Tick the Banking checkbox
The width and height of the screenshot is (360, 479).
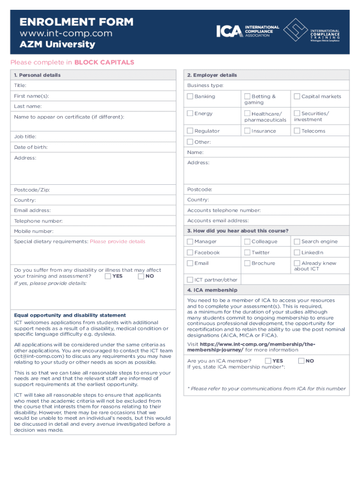pyautogui.click(x=190, y=96)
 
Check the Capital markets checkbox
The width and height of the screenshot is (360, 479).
pyautogui.click(x=297, y=96)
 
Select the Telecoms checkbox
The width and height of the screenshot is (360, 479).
pyautogui.click(x=297, y=131)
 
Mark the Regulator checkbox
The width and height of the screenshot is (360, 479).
pyautogui.click(x=190, y=131)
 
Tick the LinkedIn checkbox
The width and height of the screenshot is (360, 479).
pyautogui.click(x=297, y=252)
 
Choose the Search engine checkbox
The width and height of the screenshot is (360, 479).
pyautogui.click(x=297, y=241)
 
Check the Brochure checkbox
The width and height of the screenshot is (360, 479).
pyautogui.click(x=247, y=263)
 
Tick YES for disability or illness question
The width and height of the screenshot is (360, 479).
pyautogui.click(x=108, y=276)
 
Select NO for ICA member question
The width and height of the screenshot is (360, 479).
pyautogui.click(x=302, y=361)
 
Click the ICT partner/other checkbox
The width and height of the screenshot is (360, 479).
pyautogui.click(x=190, y=280)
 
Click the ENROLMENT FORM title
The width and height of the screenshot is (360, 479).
pyautogui.click(x=76, y=22)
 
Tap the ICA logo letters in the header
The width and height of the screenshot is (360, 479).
pyautogui.click(x=229, y=31)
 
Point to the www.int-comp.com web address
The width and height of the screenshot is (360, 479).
pyautogui.click(x=65, y=33)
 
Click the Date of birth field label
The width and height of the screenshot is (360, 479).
pyautogui.click(x=31, y=147)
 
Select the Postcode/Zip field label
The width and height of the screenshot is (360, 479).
pyautogui.click(x=32, y=190)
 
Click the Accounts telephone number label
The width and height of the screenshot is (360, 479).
pyautogui.click(x=224, y=210)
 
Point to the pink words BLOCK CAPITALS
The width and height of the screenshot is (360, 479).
pyautogui.click(x=104, y=62)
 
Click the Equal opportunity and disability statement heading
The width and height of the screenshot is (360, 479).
pyautogui.click(x=70, y=315)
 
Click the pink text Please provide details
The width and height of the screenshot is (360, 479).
pyautogui.click(x=117, y=241)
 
